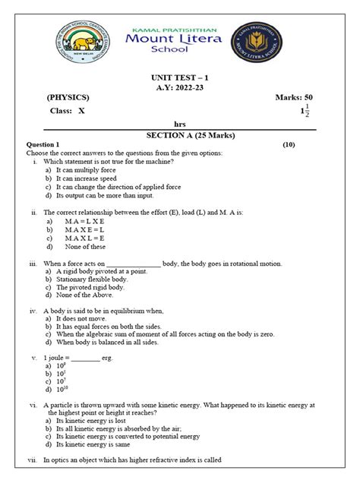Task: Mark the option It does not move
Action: [83, 321]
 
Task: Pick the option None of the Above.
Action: [87, 297]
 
